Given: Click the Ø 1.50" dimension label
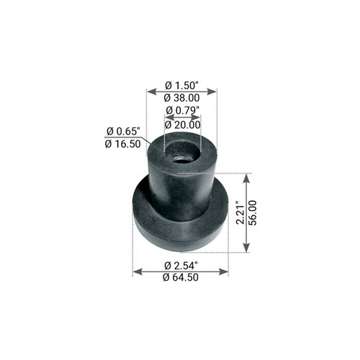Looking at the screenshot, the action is (x=182, y=85).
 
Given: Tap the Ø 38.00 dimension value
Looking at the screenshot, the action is (x=181, y=98).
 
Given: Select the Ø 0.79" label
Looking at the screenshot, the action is (x=183, y=110).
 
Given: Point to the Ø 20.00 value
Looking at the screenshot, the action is (x=183, y=125).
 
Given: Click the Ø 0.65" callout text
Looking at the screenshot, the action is (x=123, y=131).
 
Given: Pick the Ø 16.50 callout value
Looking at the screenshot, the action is (x=122, y=144).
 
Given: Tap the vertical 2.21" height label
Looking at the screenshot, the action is (x=240, y=213).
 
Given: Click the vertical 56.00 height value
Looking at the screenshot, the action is (x=253, y=213).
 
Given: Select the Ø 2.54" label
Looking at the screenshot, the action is (x=181, y=266).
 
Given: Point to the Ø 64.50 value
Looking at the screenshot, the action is (x=181, y=277).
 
